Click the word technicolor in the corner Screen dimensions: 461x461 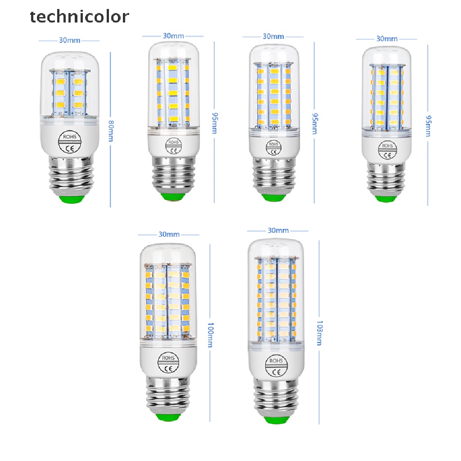coord(79,17)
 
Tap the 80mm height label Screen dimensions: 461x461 coord(110,130)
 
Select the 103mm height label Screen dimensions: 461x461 coord(319,334)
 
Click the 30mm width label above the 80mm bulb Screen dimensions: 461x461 coord(70,40)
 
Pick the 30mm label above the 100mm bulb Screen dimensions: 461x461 coord(169,234)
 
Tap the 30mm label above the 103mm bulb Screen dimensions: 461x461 coord(278,230)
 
